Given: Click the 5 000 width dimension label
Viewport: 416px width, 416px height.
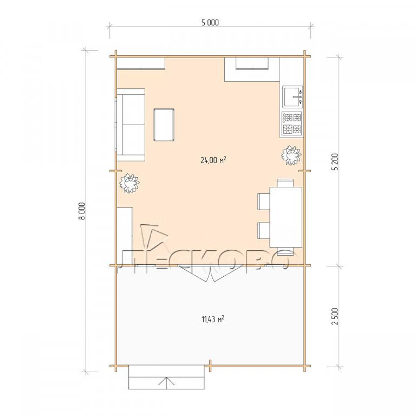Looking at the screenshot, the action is (x=210, y=23).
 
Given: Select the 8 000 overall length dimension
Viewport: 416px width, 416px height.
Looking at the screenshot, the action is (x=83, y=211).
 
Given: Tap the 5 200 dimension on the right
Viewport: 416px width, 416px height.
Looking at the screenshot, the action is (x=335, y=161).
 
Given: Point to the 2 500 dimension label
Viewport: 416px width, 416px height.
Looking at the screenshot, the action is (x=335, y=316).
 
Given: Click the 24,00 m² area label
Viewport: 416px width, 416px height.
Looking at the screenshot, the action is (x=213, y=160).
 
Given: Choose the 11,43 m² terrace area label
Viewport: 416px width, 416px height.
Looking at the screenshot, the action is (x=213, y=318).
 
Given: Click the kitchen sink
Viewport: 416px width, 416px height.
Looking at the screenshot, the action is (x=292, y=96).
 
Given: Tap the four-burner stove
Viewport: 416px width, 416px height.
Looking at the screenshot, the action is (x=292, y=124).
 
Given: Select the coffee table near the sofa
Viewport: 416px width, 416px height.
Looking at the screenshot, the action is (x=164, y=125).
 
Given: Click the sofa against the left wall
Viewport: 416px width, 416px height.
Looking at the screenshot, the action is (x=131, y=125).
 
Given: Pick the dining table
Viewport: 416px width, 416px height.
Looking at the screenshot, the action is (x=286, y=217).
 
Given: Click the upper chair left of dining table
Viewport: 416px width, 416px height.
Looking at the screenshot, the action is (x=264, y=201).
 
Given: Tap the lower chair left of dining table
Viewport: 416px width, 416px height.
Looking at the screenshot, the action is (x=264, y=231).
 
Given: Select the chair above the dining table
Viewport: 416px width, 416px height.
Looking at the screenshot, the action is (x=285, y=183).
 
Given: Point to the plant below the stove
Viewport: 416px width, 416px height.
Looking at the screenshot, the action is (x=291, y=155).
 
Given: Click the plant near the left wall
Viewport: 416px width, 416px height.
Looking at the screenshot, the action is (x=129, y=183).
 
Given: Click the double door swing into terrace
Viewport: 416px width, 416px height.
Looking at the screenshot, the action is (x=211, y=273).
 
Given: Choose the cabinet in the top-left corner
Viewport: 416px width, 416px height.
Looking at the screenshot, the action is (x=141, y=63).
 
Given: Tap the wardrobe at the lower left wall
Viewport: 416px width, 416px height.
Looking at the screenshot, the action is (x=125, y=236).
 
